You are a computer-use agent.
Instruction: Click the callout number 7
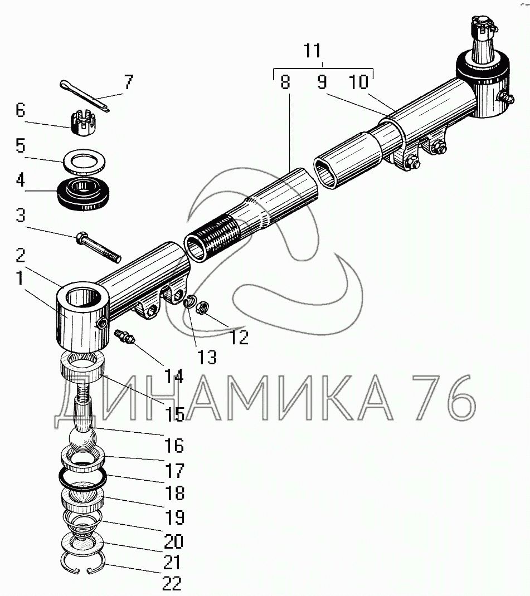point(129,82)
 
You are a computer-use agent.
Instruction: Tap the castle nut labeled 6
point(82,122)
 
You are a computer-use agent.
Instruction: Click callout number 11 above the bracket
point(312,51)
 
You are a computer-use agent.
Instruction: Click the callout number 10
point(359,82)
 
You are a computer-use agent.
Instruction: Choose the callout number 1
point(20,279)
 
